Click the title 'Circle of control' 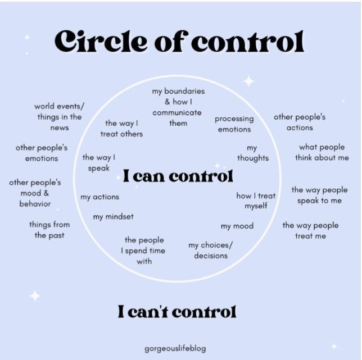point(179,41)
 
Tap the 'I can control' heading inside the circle point(178,176)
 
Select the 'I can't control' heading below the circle point(177,311)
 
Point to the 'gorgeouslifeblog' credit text point(175,348)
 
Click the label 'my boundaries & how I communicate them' point(178,107)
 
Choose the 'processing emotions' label point(234,124)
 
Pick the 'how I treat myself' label point(256,201)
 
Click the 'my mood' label point(237,226)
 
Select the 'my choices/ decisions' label point(211,250)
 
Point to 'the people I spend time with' point(144,250)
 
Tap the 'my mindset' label point(114,217)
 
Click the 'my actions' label point(99,197)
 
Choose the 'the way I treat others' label point(121,129)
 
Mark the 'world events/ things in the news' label point(59,117)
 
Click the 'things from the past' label point(49,230)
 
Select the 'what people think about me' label point(322,153)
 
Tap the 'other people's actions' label point(299,122)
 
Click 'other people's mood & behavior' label point(35,193)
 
